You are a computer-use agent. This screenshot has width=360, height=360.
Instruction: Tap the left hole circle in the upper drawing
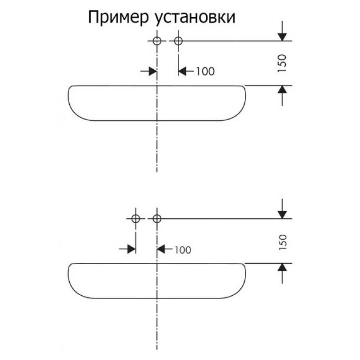[x=157, y=41]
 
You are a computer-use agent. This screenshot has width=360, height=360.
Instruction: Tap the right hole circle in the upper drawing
[x=178, y=41]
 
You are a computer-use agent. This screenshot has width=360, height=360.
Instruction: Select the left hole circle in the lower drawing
[x=136, y=219]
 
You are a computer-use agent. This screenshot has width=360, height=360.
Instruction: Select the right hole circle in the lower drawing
[x=157, y=219]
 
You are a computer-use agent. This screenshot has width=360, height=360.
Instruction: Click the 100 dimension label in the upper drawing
[x=205, y=72]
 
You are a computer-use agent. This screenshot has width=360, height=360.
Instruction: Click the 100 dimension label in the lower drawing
[x=183, y=250]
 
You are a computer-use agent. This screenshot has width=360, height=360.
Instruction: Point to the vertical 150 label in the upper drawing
[x=282, y=63]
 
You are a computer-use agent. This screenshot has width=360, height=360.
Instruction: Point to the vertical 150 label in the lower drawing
[x=282, y=243]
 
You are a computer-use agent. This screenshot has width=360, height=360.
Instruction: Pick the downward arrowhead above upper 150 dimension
[x=282, y=37]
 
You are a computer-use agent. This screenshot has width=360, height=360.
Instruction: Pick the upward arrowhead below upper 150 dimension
[x=282, y=90]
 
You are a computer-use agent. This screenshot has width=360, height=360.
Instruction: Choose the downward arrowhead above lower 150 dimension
[x=282, y=215]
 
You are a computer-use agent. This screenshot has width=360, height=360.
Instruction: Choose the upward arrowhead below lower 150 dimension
[x=282, y=267]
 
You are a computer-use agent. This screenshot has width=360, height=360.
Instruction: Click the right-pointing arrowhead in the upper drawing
[x=153, y=72]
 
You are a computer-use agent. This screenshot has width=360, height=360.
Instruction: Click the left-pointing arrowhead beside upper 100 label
[x=183, y=72]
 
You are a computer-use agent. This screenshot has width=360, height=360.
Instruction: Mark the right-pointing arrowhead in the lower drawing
[x=131, y=249]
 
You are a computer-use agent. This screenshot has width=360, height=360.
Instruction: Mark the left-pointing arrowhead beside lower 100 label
[x=161, y=249]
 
